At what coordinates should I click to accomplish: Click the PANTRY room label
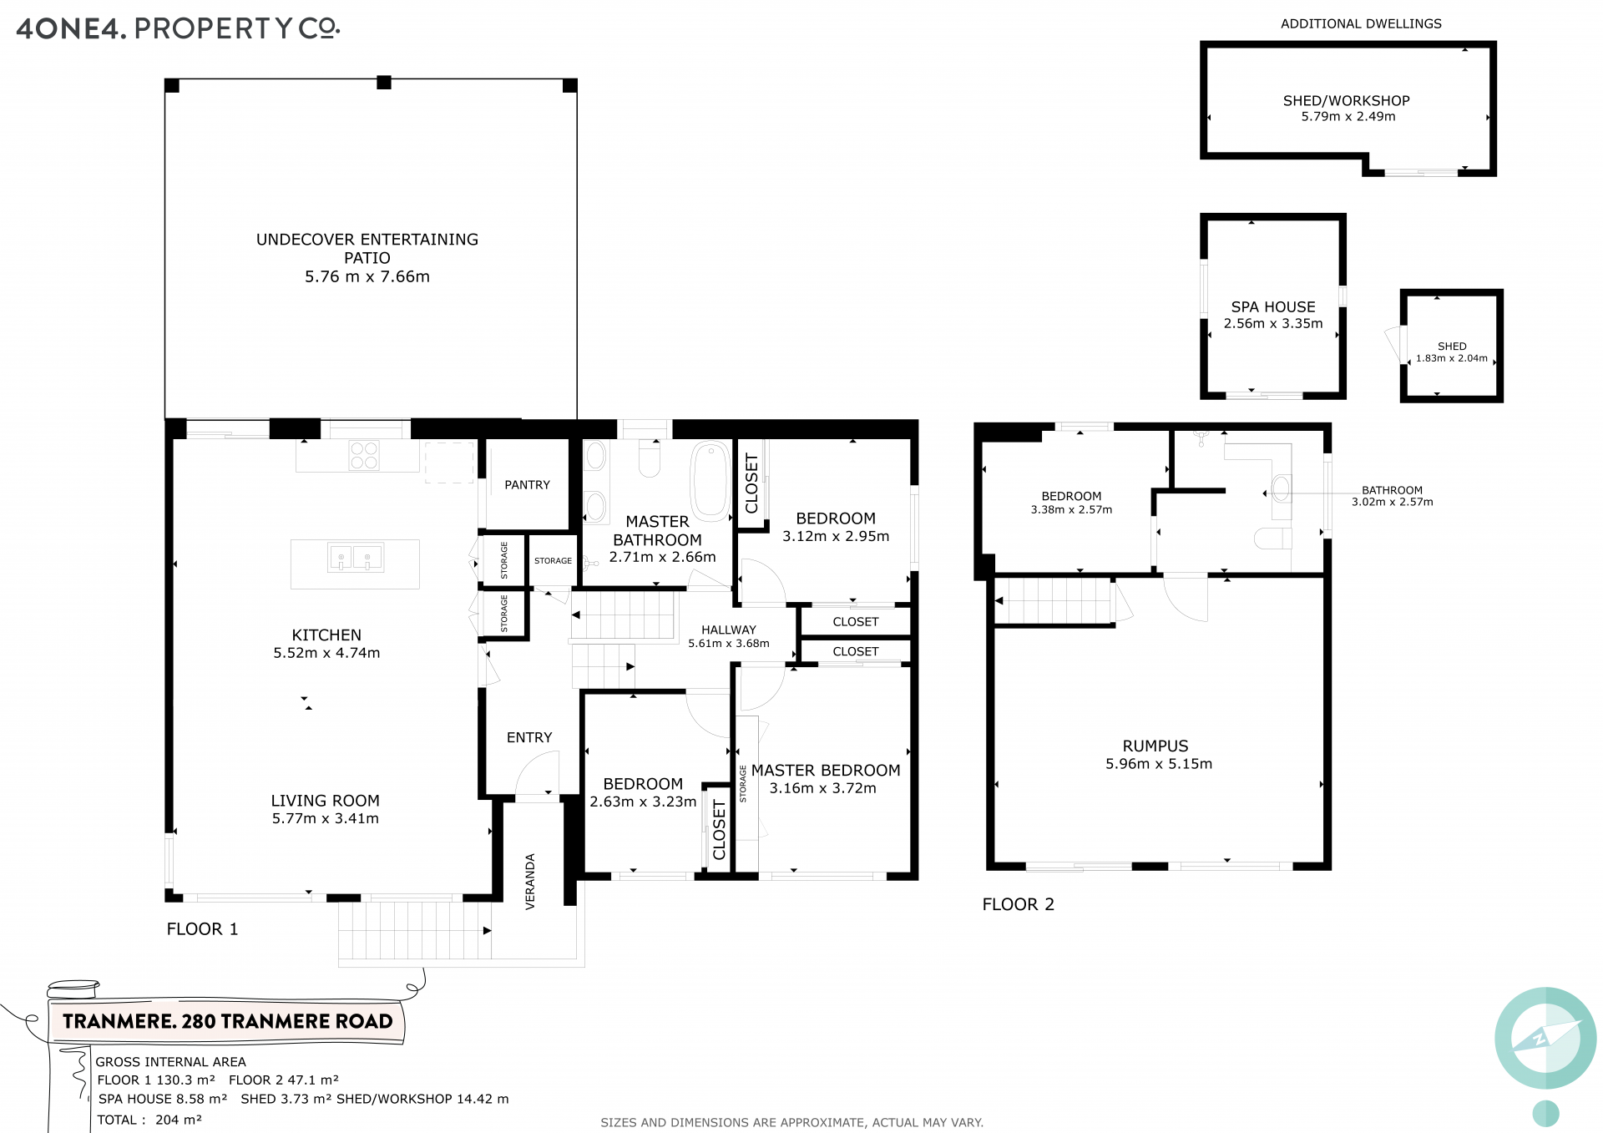tap(527, 484)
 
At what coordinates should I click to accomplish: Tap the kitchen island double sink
tap(356, 557)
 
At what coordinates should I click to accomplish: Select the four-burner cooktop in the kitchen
tap(364, 455)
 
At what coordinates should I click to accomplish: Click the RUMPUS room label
tap(1155, 746)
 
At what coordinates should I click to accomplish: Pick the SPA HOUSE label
tap(1273, 306)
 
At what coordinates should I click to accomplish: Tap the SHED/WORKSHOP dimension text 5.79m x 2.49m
tap(1348, 116)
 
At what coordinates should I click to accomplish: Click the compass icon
tap(1545, 1038)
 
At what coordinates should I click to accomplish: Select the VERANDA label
tap(530, 881)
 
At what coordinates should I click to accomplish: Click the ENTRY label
tap(529, 737)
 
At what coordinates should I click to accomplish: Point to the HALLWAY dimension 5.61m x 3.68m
tap(729, 643)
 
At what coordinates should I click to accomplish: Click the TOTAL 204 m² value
tap(179, 1120)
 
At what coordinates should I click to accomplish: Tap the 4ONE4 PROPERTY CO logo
tap(178, 28)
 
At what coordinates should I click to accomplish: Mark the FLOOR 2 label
tap(1018, 904)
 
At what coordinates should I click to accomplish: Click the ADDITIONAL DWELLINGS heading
tap(1361, 23)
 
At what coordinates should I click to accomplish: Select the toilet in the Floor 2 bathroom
tap(1274, 538)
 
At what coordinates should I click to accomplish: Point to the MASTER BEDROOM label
tap(826, 770)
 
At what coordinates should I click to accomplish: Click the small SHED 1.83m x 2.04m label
tap(1452, 352)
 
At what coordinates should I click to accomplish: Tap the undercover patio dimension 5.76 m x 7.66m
tap(367, 276)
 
